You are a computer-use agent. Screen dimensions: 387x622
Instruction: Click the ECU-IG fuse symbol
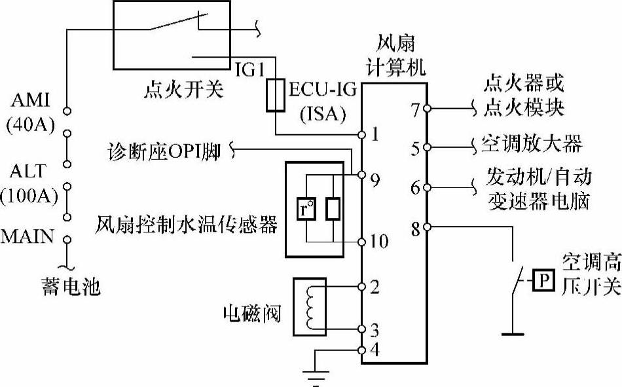click(x=276, y=94)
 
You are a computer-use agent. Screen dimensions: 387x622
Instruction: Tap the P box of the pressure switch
click(x=541, y=281)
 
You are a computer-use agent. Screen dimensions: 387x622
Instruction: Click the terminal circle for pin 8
click(x=427, y=227)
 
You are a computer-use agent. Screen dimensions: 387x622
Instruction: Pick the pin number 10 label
click(x=378, y=242)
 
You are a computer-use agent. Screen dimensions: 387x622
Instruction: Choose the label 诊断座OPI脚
click(x=164, y=152)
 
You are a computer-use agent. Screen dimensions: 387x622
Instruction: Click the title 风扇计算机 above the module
click(x=396, y=56)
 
